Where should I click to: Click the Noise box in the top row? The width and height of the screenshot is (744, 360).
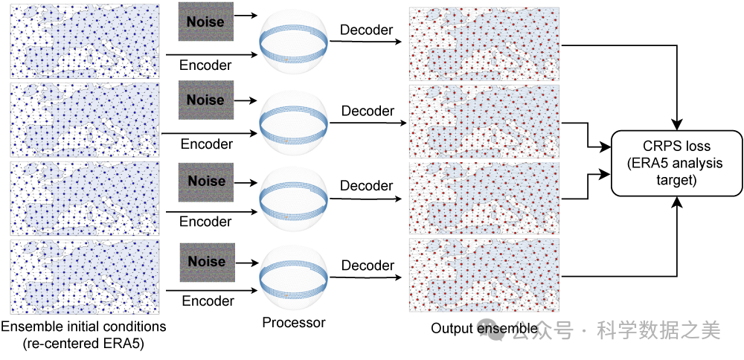[205, 22]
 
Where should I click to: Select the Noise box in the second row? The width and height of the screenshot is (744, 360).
[205, 100]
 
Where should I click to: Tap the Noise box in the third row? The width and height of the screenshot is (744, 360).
[206, 181]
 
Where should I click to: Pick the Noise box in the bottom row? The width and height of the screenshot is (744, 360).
[206, 262]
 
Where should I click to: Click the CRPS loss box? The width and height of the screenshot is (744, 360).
[676, 163]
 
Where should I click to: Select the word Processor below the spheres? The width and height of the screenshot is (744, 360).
[293, 323]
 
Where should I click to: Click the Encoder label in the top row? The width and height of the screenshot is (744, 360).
[205, 65]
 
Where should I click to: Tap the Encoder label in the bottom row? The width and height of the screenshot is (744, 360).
[207, 301]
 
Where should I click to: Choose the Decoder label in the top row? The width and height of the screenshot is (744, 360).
[366, 30]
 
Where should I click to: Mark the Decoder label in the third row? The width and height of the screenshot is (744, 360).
[368, 186]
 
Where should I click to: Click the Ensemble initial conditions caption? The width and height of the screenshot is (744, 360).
[83, 327]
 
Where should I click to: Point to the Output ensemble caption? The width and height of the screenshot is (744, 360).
[484, 329]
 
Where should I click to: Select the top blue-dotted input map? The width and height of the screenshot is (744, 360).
[85, 40]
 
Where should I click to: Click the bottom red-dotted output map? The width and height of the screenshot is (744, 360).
[485, 275]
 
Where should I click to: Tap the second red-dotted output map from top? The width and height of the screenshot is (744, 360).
[485, 120]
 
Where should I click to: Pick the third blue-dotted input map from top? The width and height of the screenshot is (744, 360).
[85, 197]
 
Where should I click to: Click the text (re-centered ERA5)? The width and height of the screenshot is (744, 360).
[83, 343]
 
